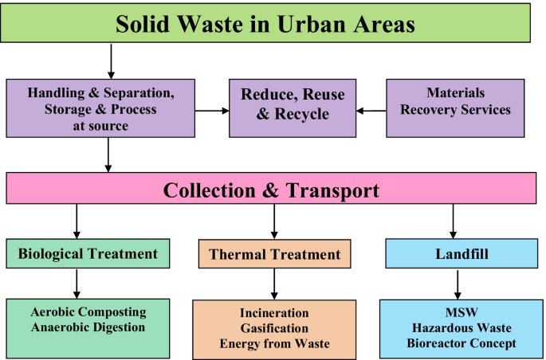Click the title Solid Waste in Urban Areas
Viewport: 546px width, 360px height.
(265, 23)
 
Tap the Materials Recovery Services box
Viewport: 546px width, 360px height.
(455, 102)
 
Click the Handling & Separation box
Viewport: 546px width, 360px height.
(100, 108)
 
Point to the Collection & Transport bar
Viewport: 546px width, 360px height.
(271, 190)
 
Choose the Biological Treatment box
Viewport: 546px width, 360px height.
(88, 254)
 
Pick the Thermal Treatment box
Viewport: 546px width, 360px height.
(274, 255)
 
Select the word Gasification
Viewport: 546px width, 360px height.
(275, 329)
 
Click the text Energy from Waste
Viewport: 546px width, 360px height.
(275, 343)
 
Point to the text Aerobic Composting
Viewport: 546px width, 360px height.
(88, 312)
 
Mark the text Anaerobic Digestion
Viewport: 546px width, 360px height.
(88, 327)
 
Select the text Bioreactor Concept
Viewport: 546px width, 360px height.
(461, 343)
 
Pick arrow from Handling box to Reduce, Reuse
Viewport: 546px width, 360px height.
(211, 111)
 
